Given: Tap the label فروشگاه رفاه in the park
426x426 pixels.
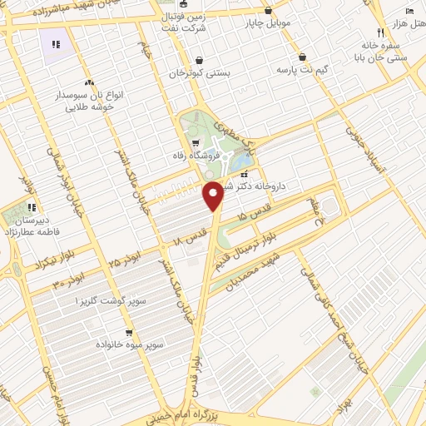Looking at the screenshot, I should click(211, 155).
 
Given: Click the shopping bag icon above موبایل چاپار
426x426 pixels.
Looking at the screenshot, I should click(268, 10).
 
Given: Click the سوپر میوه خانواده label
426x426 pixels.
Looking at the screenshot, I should click(131, 343).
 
